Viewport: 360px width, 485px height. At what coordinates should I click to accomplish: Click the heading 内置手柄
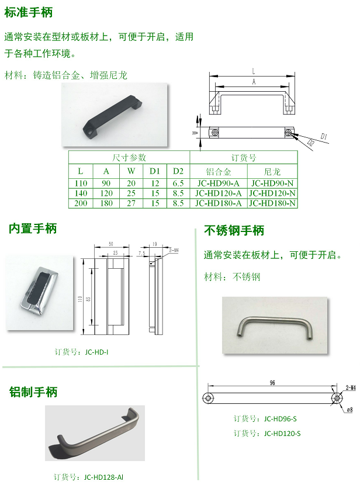[33, 228]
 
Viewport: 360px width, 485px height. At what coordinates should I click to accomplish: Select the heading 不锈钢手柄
[234, 231]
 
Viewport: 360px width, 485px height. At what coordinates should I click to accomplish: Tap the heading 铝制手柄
[33, 392]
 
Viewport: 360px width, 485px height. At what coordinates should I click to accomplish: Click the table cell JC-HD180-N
[272, 203]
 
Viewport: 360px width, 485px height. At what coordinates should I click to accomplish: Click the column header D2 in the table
[178, 171]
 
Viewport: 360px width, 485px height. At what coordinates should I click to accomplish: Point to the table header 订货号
[243, 158]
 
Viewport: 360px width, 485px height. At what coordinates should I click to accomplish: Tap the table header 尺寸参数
[129, 158]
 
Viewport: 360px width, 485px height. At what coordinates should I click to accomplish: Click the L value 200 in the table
[81, 203]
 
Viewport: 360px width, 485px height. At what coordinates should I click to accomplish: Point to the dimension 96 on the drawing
[272, 383]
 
